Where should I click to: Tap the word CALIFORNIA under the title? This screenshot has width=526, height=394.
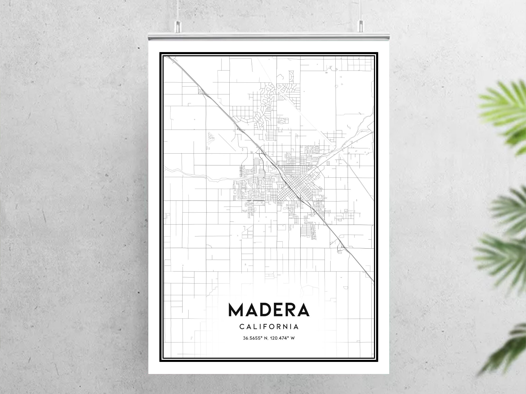[x=269, y=327]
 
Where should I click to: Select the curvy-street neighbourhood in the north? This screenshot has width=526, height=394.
[x=266, y=105]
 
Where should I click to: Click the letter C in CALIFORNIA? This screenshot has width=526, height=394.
[x=241, y=327]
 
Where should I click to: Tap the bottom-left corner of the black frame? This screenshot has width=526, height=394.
[x=160, y=361]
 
